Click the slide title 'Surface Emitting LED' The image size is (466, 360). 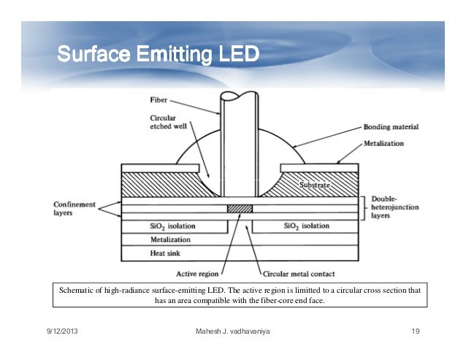click(x=157, y=55)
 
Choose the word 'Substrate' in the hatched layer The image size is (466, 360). click(x=316, y=187)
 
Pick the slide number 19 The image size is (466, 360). click(x=415, y=334)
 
